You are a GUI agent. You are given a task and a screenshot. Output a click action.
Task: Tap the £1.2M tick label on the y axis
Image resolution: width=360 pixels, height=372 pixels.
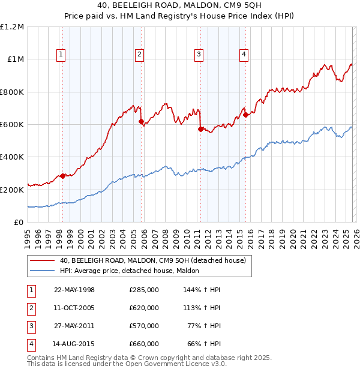pos(12,27)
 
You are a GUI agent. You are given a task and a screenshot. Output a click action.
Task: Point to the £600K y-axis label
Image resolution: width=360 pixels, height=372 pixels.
pos(12,125)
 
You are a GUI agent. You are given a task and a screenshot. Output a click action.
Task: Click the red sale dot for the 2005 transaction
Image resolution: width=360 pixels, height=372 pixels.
pos(142,122)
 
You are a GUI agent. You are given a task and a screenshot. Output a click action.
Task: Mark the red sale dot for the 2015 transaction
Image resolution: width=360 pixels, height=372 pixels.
pos(245,115)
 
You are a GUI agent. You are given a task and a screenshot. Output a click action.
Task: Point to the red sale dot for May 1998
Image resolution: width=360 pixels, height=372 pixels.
pos(63,176)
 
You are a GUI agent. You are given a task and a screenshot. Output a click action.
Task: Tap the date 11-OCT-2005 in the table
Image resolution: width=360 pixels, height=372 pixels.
pos(74,308)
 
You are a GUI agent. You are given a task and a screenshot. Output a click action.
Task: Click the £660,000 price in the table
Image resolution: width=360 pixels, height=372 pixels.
pos(144,344)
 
